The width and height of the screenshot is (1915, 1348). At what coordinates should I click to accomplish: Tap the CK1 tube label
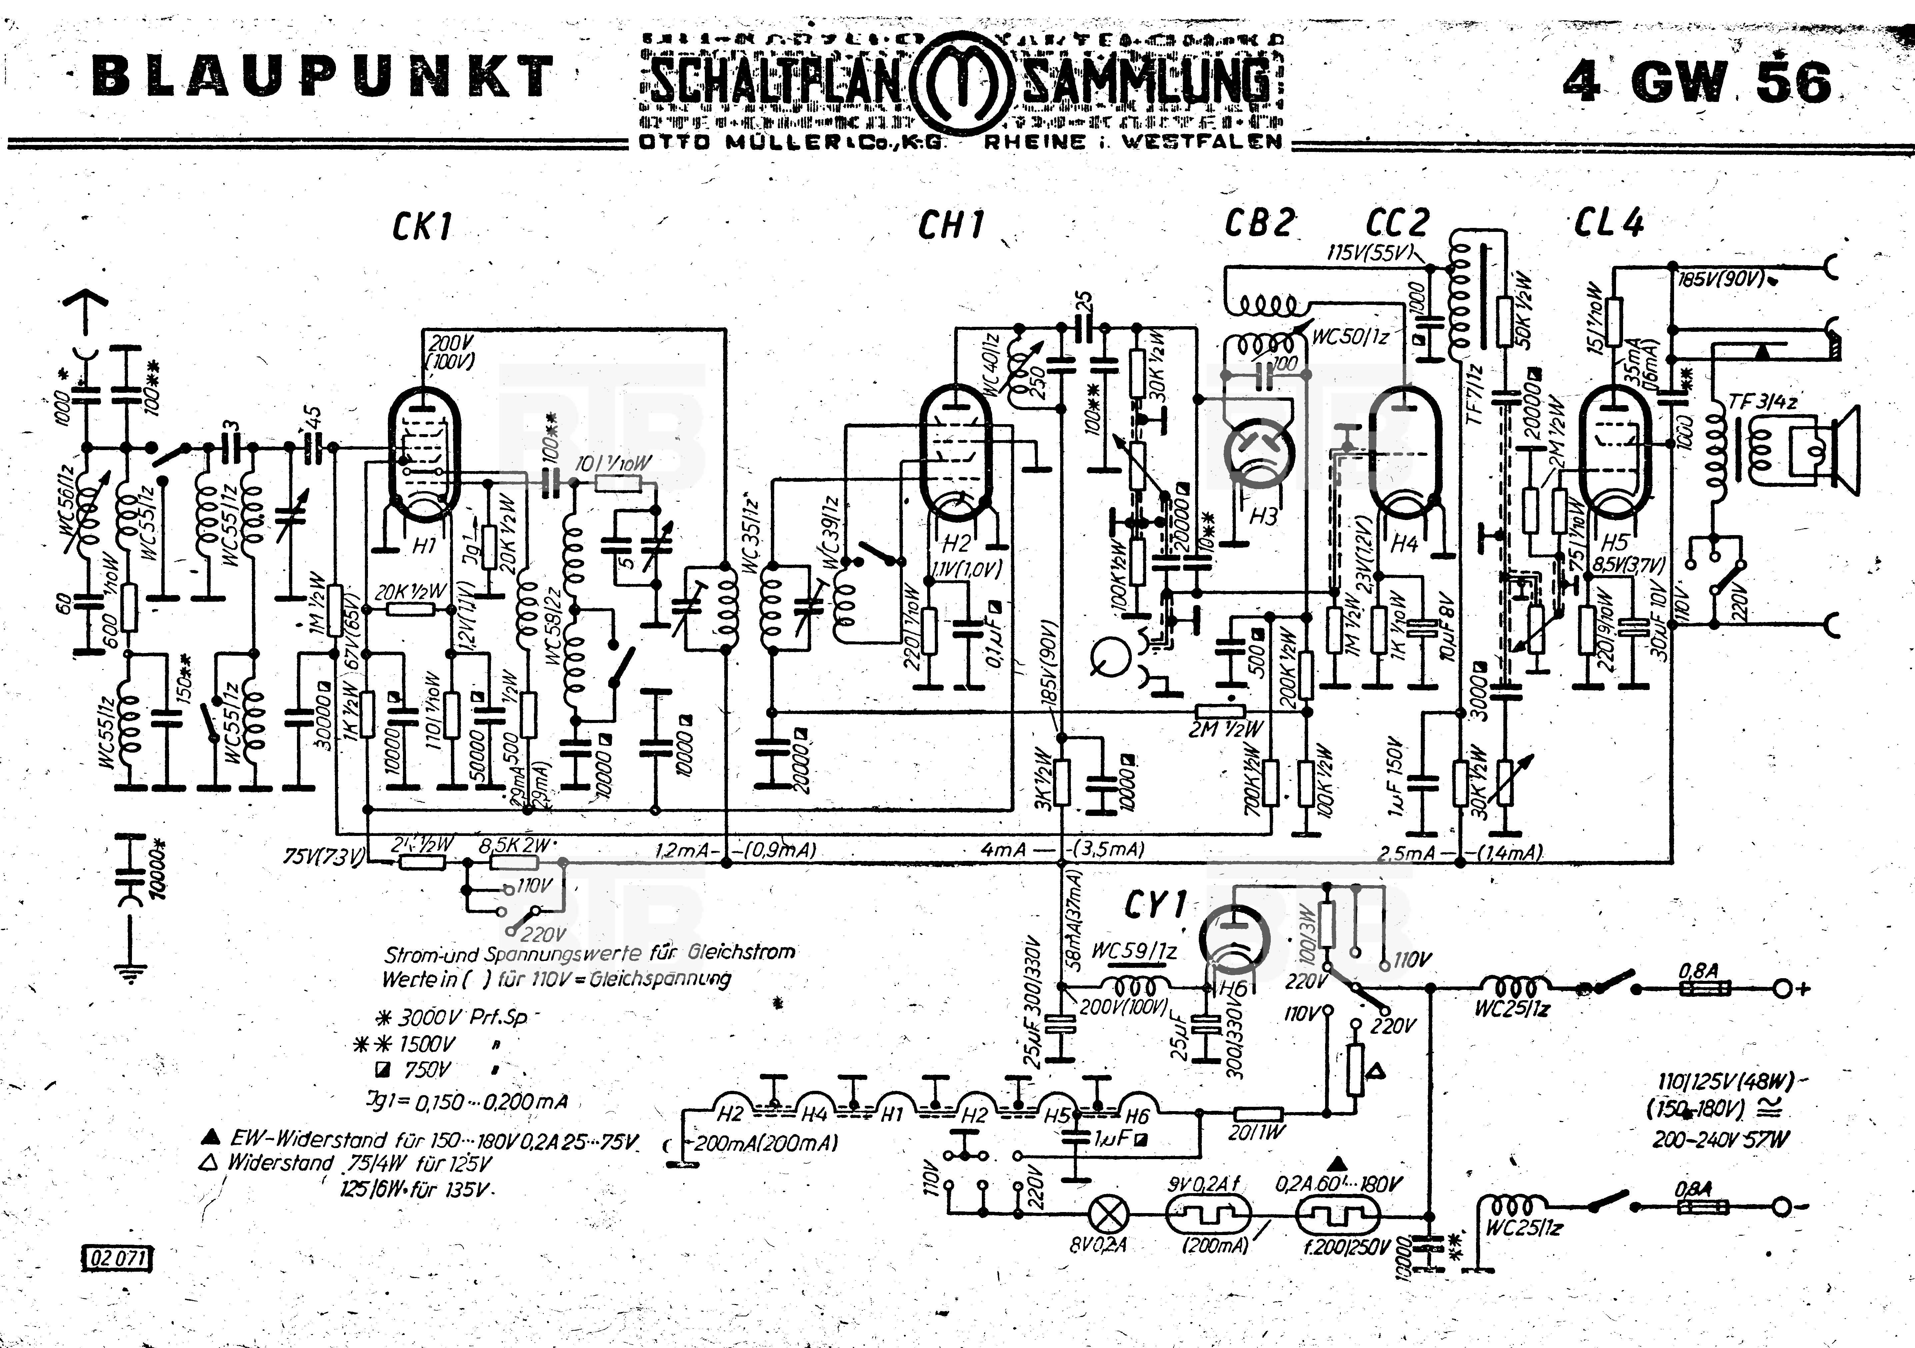[x=422, y=225]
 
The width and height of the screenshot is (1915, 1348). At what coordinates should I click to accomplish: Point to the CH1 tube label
[x=951, y=225]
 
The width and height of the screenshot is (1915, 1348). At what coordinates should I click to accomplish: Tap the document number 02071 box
[x=118, y=1259]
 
